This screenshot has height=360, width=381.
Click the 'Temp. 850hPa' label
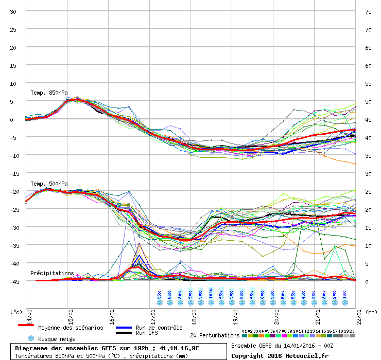coord(49,93)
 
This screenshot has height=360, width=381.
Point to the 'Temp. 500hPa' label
coord(49,184)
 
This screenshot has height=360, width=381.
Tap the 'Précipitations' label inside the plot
coord(52,273)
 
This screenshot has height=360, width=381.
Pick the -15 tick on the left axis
coord(13,173)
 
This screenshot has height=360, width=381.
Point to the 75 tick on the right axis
coord(368,11)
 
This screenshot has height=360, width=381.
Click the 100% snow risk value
coord(211,295)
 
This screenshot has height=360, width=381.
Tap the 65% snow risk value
coord(170,295)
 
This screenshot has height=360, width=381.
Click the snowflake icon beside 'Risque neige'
coord(30,338)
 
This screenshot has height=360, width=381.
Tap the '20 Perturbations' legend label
coord(215,335)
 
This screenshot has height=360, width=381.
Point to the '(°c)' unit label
coord(16,312)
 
